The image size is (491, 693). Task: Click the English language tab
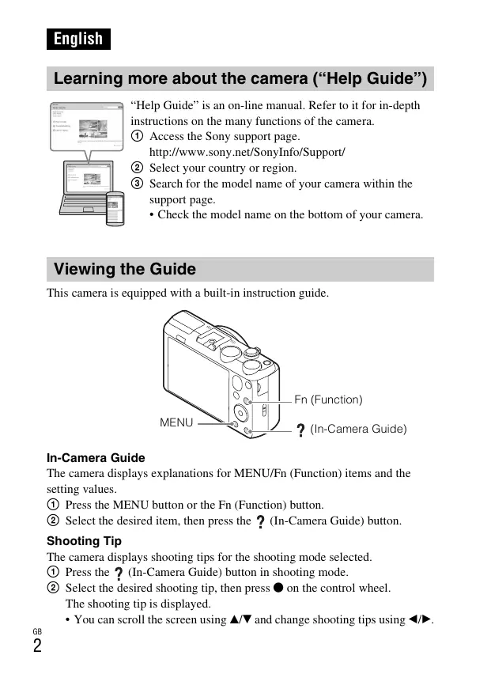[78, 39]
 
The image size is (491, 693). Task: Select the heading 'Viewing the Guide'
[124, 269]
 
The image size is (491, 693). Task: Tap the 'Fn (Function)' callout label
[328, 400]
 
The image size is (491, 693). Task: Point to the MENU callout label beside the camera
[176, 422]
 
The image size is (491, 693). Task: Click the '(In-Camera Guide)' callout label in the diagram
[358, 429]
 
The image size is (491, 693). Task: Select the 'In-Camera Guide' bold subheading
[96, 458]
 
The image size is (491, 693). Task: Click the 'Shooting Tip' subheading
[84, 541]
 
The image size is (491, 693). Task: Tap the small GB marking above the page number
[36, 631]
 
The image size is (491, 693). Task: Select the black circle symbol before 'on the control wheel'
[278, 588]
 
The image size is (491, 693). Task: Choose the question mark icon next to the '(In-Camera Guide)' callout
[300, 430]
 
